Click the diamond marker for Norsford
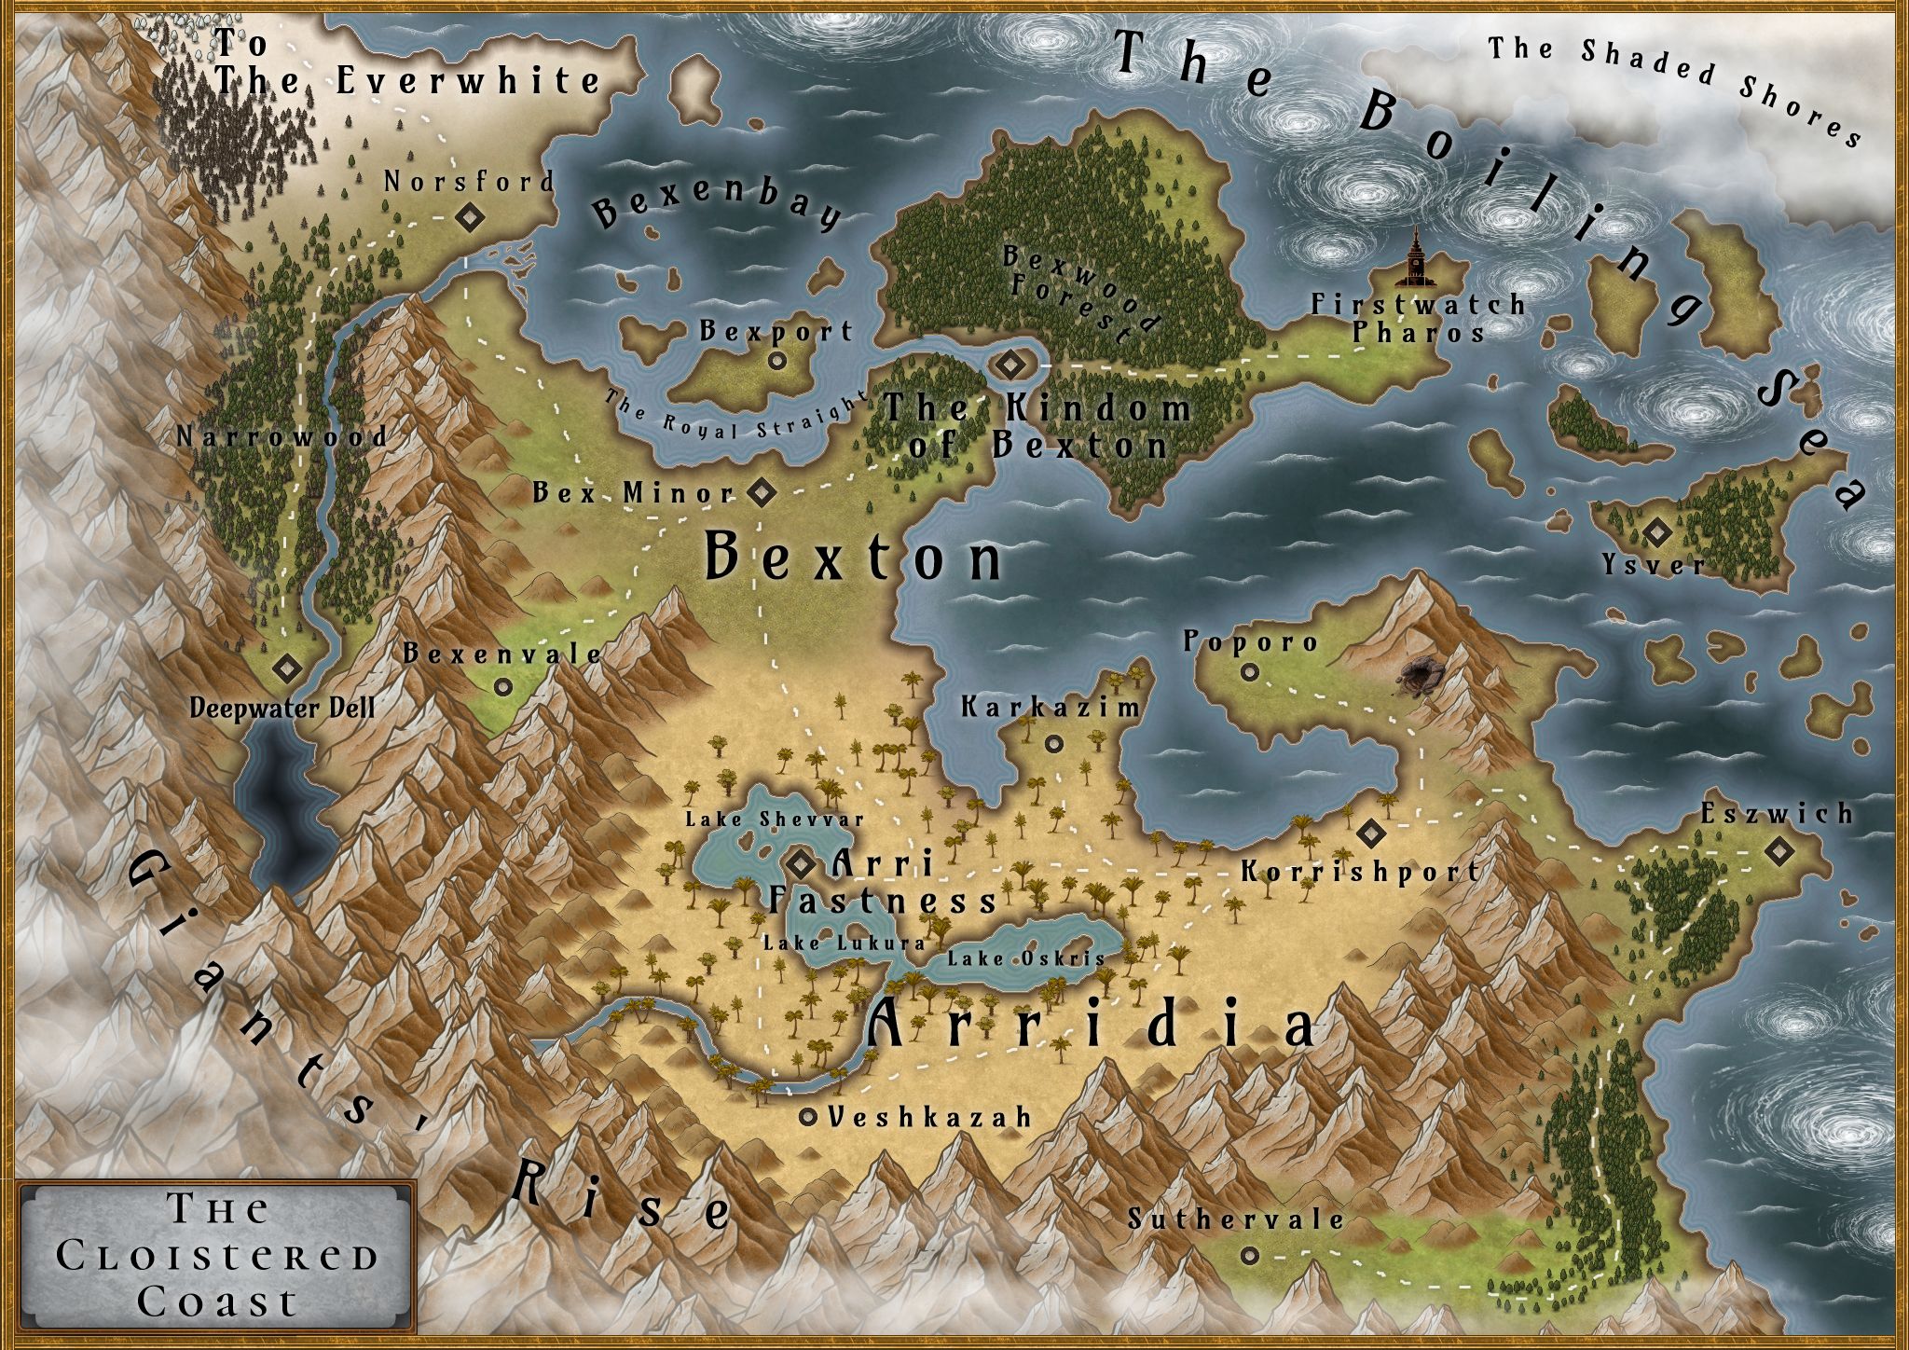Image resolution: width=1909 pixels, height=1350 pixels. pyautogui.click(x=468, y=218)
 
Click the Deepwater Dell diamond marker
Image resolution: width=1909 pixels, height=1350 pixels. pyautogui.click(x=286, y=668)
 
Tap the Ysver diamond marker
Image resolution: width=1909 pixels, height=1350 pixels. pyautogui.click(x=1656, y=533)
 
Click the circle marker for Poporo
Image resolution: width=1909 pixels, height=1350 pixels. pyautogui.click(x=1250, y=671)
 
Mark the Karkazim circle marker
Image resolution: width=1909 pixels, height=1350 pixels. pyautogui.click(x=1054, y=743)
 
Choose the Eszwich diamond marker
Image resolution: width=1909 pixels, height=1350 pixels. pyautogui.click(x=1779, y=850)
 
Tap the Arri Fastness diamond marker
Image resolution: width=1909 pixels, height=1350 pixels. pyautogui.click(x=801, y=864)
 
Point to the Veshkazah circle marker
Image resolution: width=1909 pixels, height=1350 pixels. pyautogui.click(x=808, y=1116)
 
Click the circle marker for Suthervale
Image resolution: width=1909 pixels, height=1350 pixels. pyautogui.click(x=1249, y=1256)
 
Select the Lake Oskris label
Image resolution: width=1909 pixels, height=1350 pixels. pyautogui.click(x=1026, y=957)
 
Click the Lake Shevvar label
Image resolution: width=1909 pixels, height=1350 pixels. pyautogui.click(x=775, y=820)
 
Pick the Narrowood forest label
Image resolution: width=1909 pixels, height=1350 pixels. pyautogui.click(x=282, y=436)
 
